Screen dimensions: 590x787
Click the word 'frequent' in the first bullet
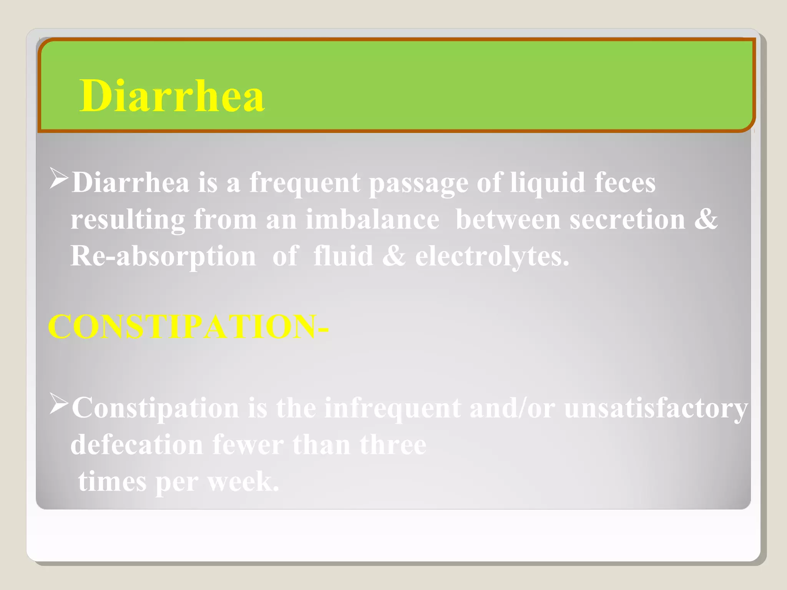tap(305, 183)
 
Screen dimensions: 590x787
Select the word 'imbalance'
tap(372, 220)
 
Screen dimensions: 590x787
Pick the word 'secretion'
tap(627, 220)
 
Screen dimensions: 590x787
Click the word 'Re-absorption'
tap(163, 257)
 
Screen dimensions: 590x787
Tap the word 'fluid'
tap(343, 256)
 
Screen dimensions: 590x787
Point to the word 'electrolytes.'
tap(492, 257)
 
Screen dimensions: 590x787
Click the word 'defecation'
tap(137, 445)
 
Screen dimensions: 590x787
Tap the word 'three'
tap(393, 445)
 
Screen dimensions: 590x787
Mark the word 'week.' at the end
tap(243, 482)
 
